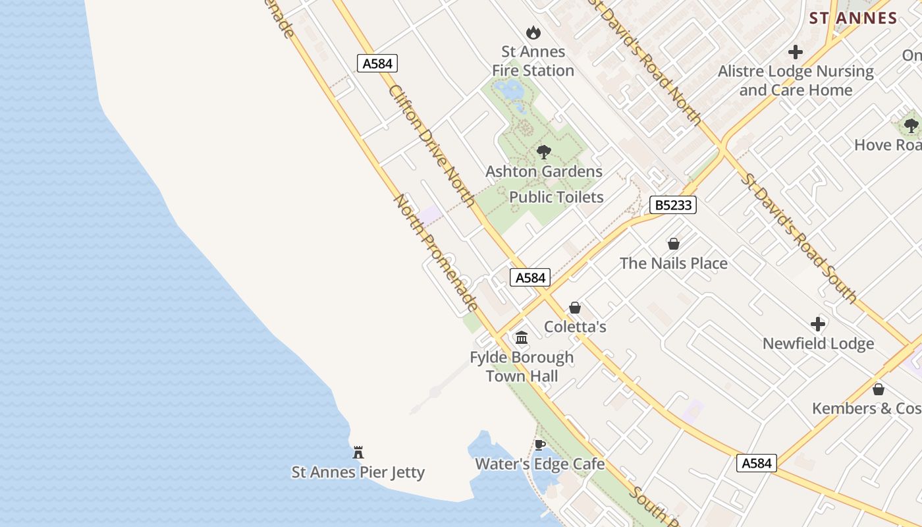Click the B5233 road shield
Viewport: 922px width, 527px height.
(673, 205)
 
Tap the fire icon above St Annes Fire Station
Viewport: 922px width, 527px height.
(533, 32)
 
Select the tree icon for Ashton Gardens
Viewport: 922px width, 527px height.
(543, 152)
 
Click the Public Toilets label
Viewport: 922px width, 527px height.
(556, 197)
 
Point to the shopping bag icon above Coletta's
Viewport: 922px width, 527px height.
(575, 308)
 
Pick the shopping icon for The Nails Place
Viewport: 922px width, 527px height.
(673, 244)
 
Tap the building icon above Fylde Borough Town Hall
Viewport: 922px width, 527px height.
(522, 338)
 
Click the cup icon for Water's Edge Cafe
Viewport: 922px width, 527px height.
(540, 445)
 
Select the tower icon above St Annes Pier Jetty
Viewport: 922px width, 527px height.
(358, 453)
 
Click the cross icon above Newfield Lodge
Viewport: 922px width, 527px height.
(818, 324)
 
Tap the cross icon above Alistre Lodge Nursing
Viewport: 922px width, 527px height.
(796, 52)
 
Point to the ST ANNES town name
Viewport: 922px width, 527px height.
(854, 18)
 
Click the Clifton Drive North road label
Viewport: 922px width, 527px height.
(431, 146)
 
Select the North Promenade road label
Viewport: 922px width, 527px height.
(436, 252)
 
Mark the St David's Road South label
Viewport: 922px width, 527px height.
(799, 238)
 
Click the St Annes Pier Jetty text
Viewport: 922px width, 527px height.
(358, 472)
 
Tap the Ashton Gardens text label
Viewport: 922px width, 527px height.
(544, 171)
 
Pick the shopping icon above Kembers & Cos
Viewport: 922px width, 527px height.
(878, 389)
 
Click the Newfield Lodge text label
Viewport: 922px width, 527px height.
(818, 343)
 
